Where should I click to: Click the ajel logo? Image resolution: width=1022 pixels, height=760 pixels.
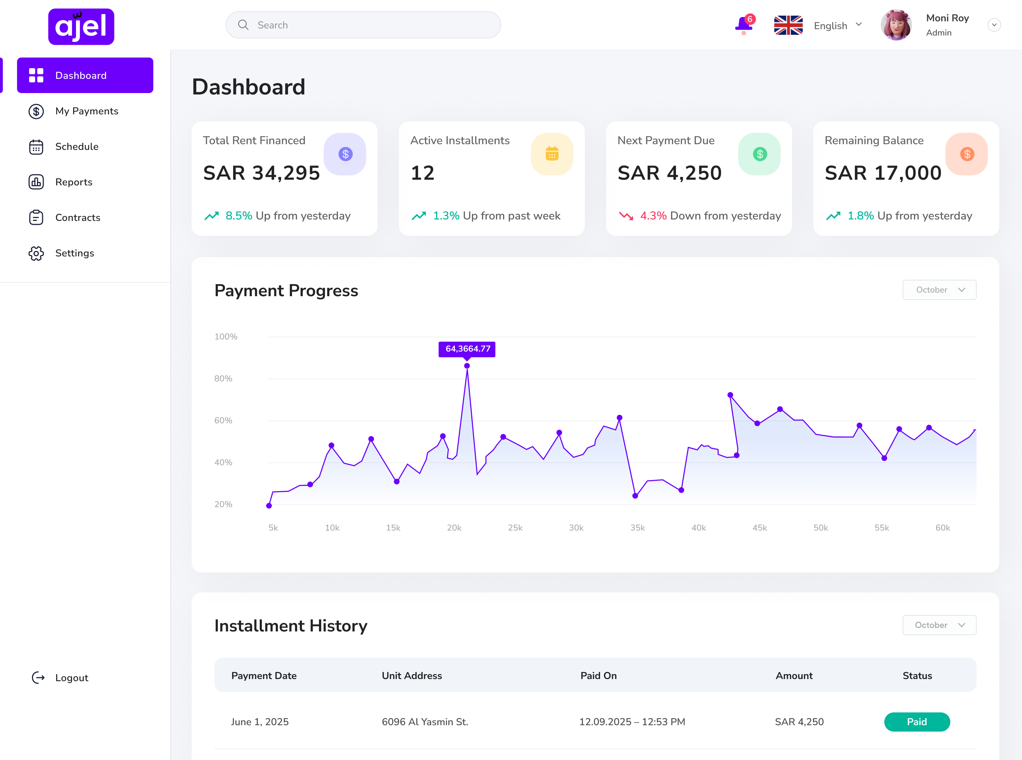[81, 27]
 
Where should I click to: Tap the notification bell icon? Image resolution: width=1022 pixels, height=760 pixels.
[743, 25]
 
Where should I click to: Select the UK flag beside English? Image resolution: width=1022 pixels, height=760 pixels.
[788, 25]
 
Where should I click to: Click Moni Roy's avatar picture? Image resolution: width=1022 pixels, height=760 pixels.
[896, 25]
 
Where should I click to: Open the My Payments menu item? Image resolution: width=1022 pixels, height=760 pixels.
[87, 111]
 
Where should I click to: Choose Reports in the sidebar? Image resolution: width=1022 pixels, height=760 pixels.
[73, 182]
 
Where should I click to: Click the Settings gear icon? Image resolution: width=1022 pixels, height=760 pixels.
[36, 253]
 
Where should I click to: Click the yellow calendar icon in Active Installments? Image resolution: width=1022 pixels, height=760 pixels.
[552, 154]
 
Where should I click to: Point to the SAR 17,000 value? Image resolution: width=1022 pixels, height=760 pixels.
[883, 173]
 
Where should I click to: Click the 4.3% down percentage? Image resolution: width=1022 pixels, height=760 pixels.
[653, 216]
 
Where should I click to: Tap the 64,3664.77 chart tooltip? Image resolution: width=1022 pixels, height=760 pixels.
[467, 349]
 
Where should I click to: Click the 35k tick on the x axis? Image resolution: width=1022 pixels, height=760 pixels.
[637, 528]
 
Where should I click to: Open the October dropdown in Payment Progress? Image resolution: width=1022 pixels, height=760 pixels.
[939, 290]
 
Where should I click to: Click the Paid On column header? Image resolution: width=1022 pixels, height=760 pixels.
[598, 675]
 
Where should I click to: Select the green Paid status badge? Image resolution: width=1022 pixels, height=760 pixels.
[916, 721]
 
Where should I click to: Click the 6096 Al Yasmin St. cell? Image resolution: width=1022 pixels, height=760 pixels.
[425, 721]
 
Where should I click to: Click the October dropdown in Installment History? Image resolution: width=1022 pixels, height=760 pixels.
[939, 625]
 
